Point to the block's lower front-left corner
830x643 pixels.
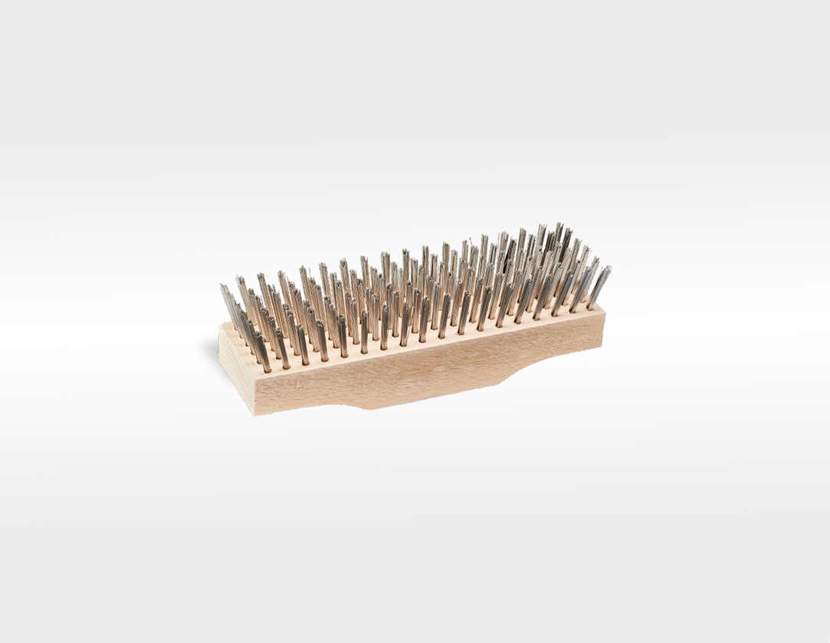tap(255, 415)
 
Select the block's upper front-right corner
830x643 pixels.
tap(605, 312)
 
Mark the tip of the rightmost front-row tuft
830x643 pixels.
tap(609, 267)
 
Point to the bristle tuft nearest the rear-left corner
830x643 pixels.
tap(228, 302)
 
